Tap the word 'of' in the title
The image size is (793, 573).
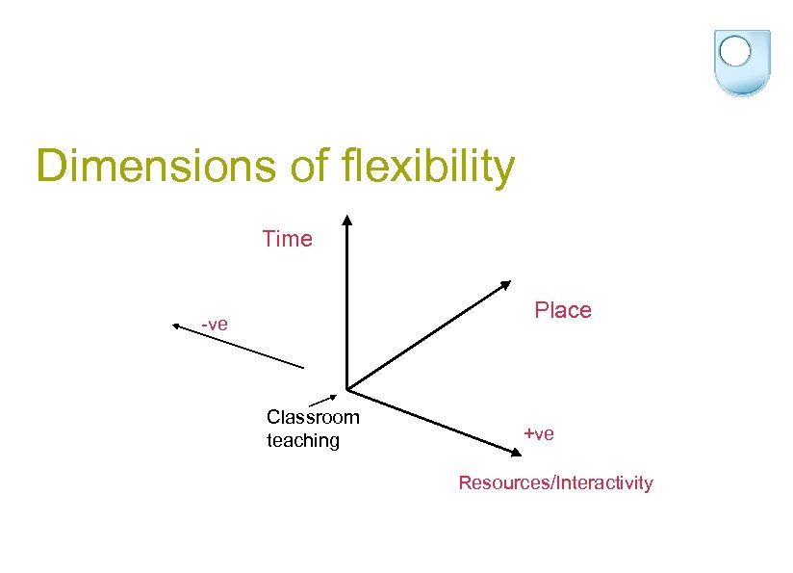308,166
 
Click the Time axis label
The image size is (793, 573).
287,239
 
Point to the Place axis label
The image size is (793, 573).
563,310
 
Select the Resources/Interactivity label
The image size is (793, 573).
555,483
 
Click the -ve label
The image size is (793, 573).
215,324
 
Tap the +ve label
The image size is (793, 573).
539,434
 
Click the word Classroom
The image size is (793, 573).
313,417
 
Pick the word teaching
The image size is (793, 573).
303,441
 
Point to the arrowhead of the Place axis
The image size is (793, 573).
505,285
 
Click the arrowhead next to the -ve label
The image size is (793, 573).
178,326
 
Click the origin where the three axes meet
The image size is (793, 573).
346,389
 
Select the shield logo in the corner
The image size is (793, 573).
741,62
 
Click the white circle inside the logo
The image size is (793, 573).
735,51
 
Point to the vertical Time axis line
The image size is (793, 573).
346,308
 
